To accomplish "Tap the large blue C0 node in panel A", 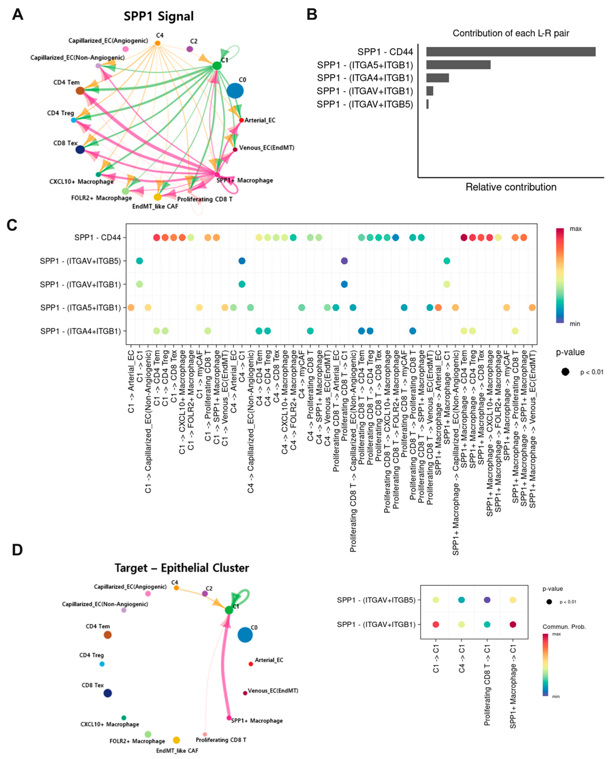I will [x=235, y=91].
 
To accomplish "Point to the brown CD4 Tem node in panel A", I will [x=80, y=91].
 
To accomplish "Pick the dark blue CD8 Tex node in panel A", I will [x=80, y=149].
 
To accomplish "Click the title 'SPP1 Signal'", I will [x=159, y=16].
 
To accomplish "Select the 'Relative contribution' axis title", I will [x=511, y=187].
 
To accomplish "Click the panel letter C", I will [x=12, y=225].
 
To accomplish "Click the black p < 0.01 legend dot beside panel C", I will [x=565, y=372].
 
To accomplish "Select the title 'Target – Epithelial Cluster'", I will [x=181, y=568].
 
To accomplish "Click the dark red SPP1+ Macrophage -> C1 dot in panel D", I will [x=513, y=625].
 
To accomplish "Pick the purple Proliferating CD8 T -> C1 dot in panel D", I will [x=487, y=600].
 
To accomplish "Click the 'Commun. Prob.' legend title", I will [x=564, y=627].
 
